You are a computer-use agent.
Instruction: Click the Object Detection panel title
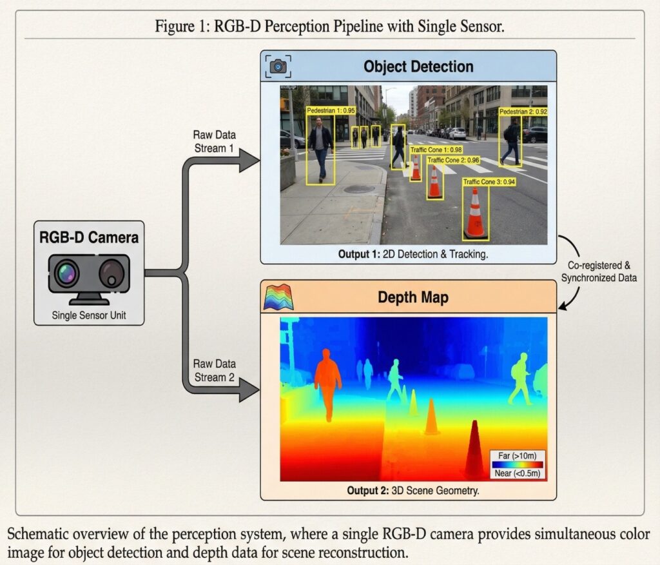tap(418, 66)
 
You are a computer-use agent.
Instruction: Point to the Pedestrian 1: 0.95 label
tap(331, 110)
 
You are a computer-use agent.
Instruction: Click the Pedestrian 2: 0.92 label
tap(523, 112)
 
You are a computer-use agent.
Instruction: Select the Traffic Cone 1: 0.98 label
tap(436, 150)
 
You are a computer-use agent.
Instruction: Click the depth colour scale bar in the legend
tap(517, 464)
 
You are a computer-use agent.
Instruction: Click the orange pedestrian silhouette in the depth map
tap(327, 380)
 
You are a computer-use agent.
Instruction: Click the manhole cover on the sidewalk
tap(358, 189)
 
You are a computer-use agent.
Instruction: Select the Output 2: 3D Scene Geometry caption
tap(413, 490)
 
